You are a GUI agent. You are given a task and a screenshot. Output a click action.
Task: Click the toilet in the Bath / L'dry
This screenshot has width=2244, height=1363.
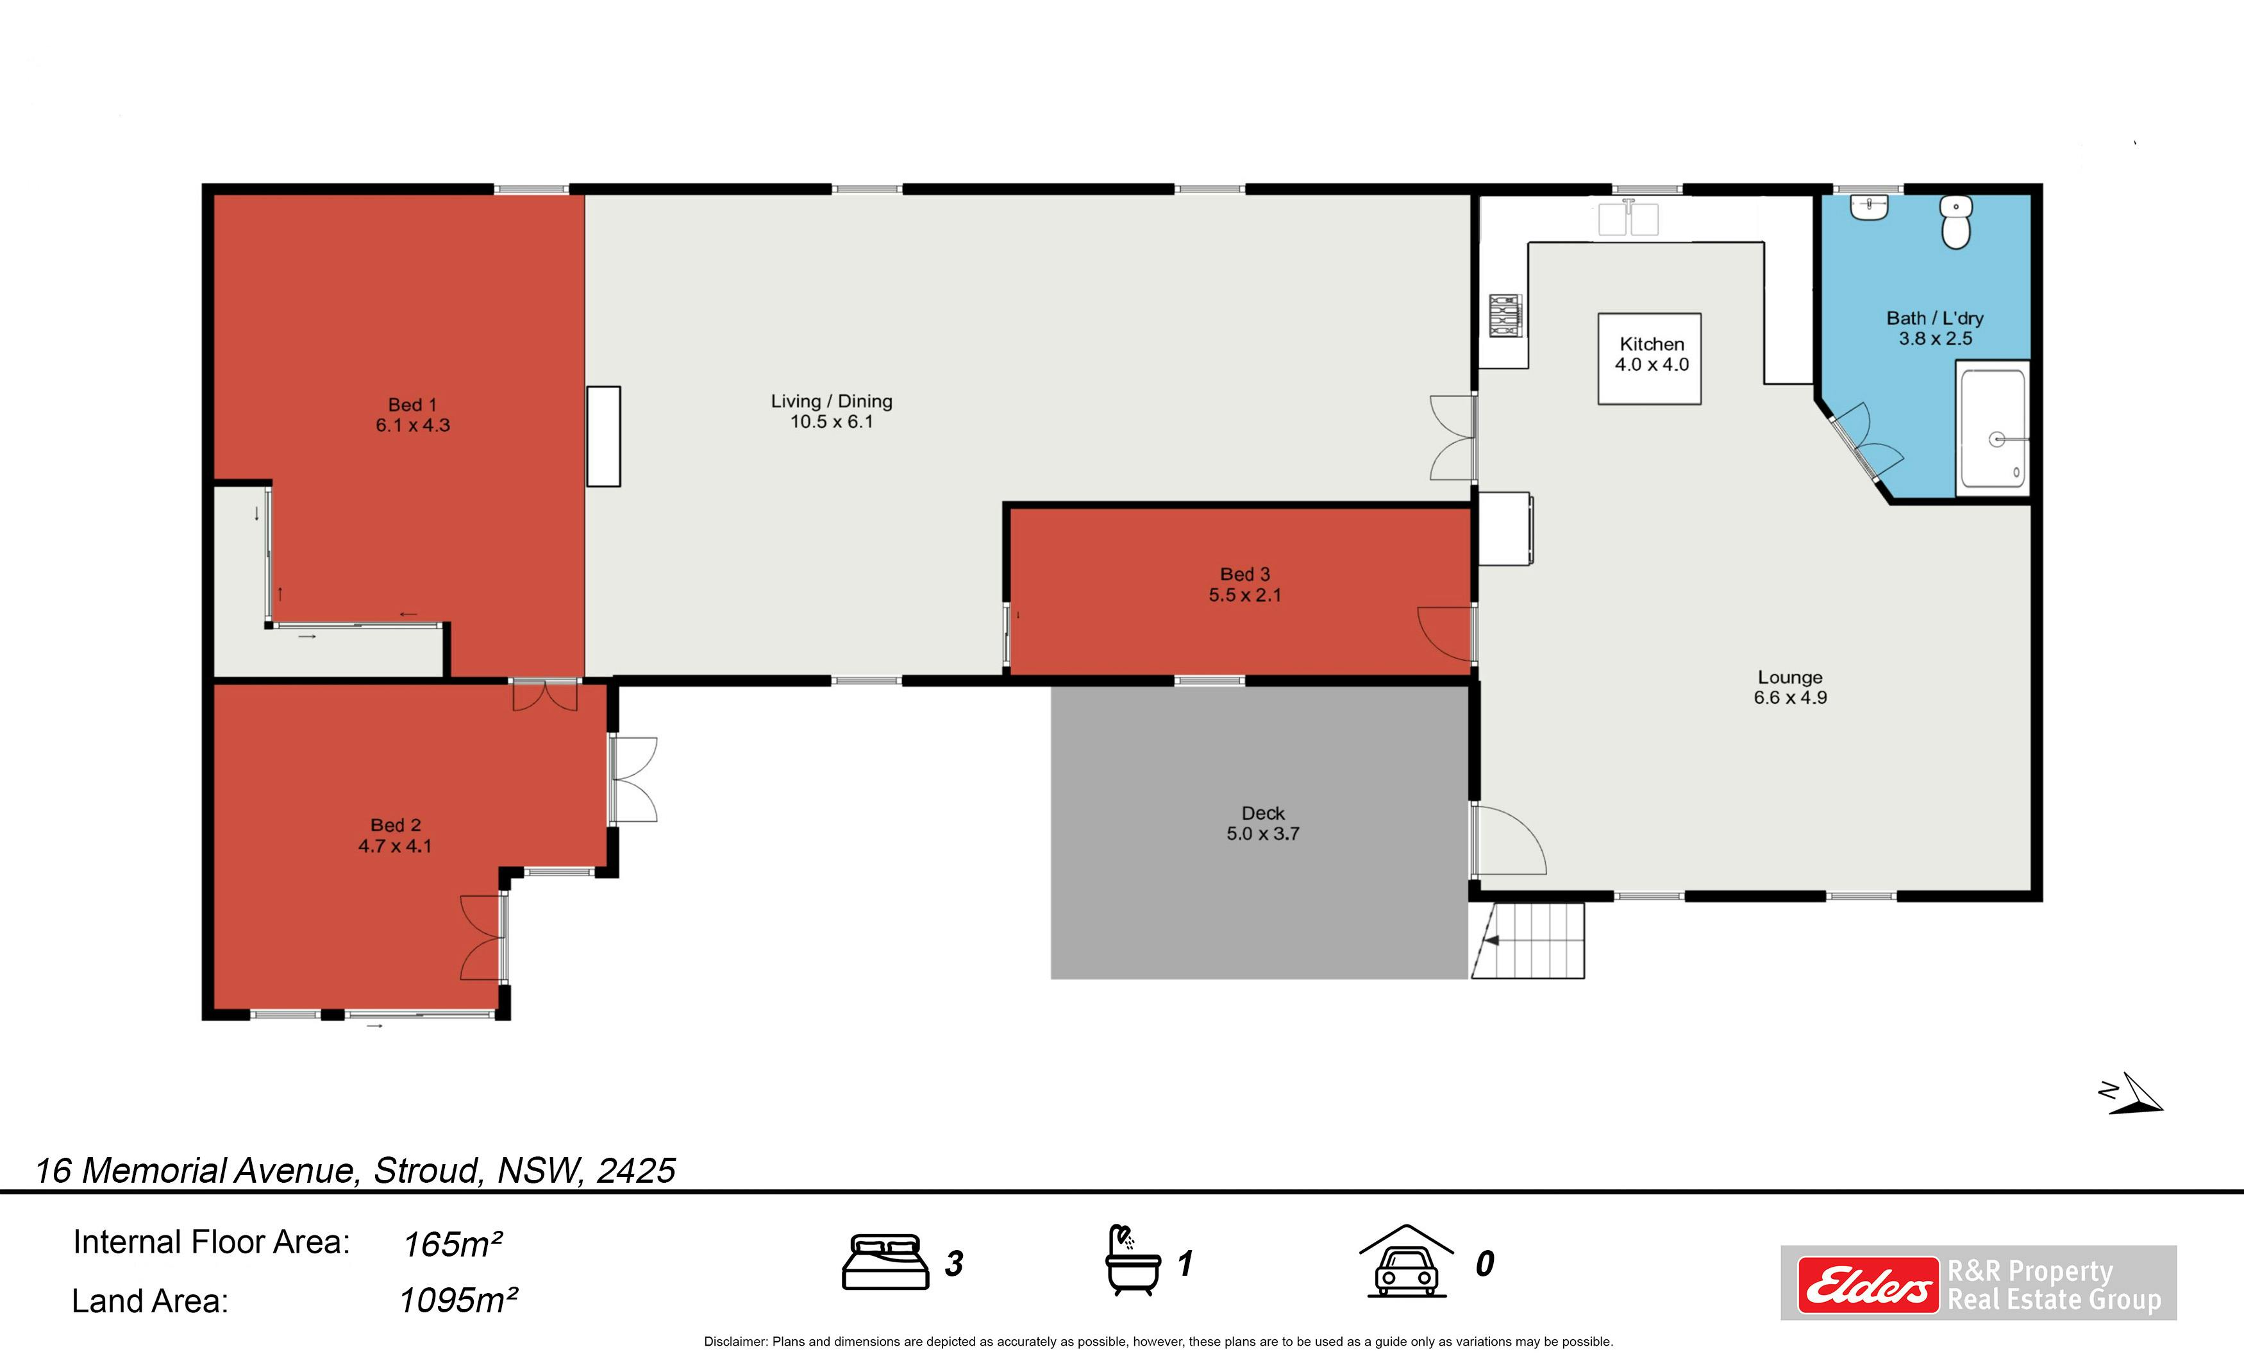[1956, 221]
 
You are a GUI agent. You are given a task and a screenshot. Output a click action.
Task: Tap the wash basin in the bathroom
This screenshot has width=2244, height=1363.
[1869, 208]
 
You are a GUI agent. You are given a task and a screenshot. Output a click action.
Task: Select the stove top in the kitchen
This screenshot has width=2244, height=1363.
[1505, 315]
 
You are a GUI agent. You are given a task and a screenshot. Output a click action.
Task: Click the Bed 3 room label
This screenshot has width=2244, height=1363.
[1245, 584]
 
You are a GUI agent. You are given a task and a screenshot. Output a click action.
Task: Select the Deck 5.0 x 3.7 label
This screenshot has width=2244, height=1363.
[1263, 823]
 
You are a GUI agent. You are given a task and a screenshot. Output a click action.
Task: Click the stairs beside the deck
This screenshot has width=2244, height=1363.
[1527, 940]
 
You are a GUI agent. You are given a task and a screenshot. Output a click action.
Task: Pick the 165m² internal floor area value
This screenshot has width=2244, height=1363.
[453, 1244]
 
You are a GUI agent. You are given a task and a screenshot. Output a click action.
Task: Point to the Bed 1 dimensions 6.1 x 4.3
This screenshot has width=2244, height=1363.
[412, 425]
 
